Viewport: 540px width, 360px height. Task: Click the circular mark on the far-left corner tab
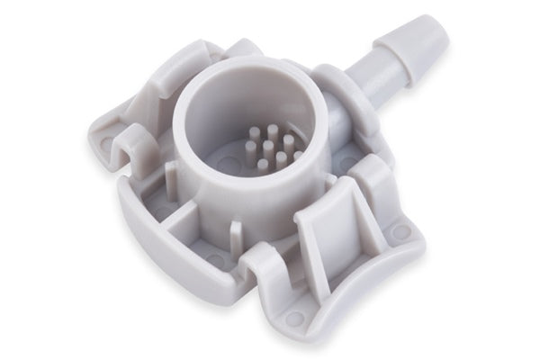[x=107, y=142]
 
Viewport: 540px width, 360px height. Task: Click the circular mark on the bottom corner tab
[x=294, y=318]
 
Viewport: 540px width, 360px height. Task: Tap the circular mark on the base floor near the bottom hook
[x=216, y=261]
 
